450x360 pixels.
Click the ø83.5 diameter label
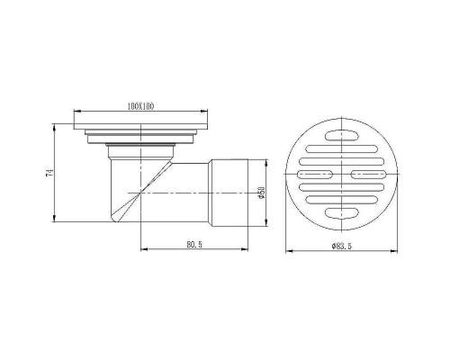coord(341,244)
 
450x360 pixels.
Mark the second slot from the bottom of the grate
coord(341,199)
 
